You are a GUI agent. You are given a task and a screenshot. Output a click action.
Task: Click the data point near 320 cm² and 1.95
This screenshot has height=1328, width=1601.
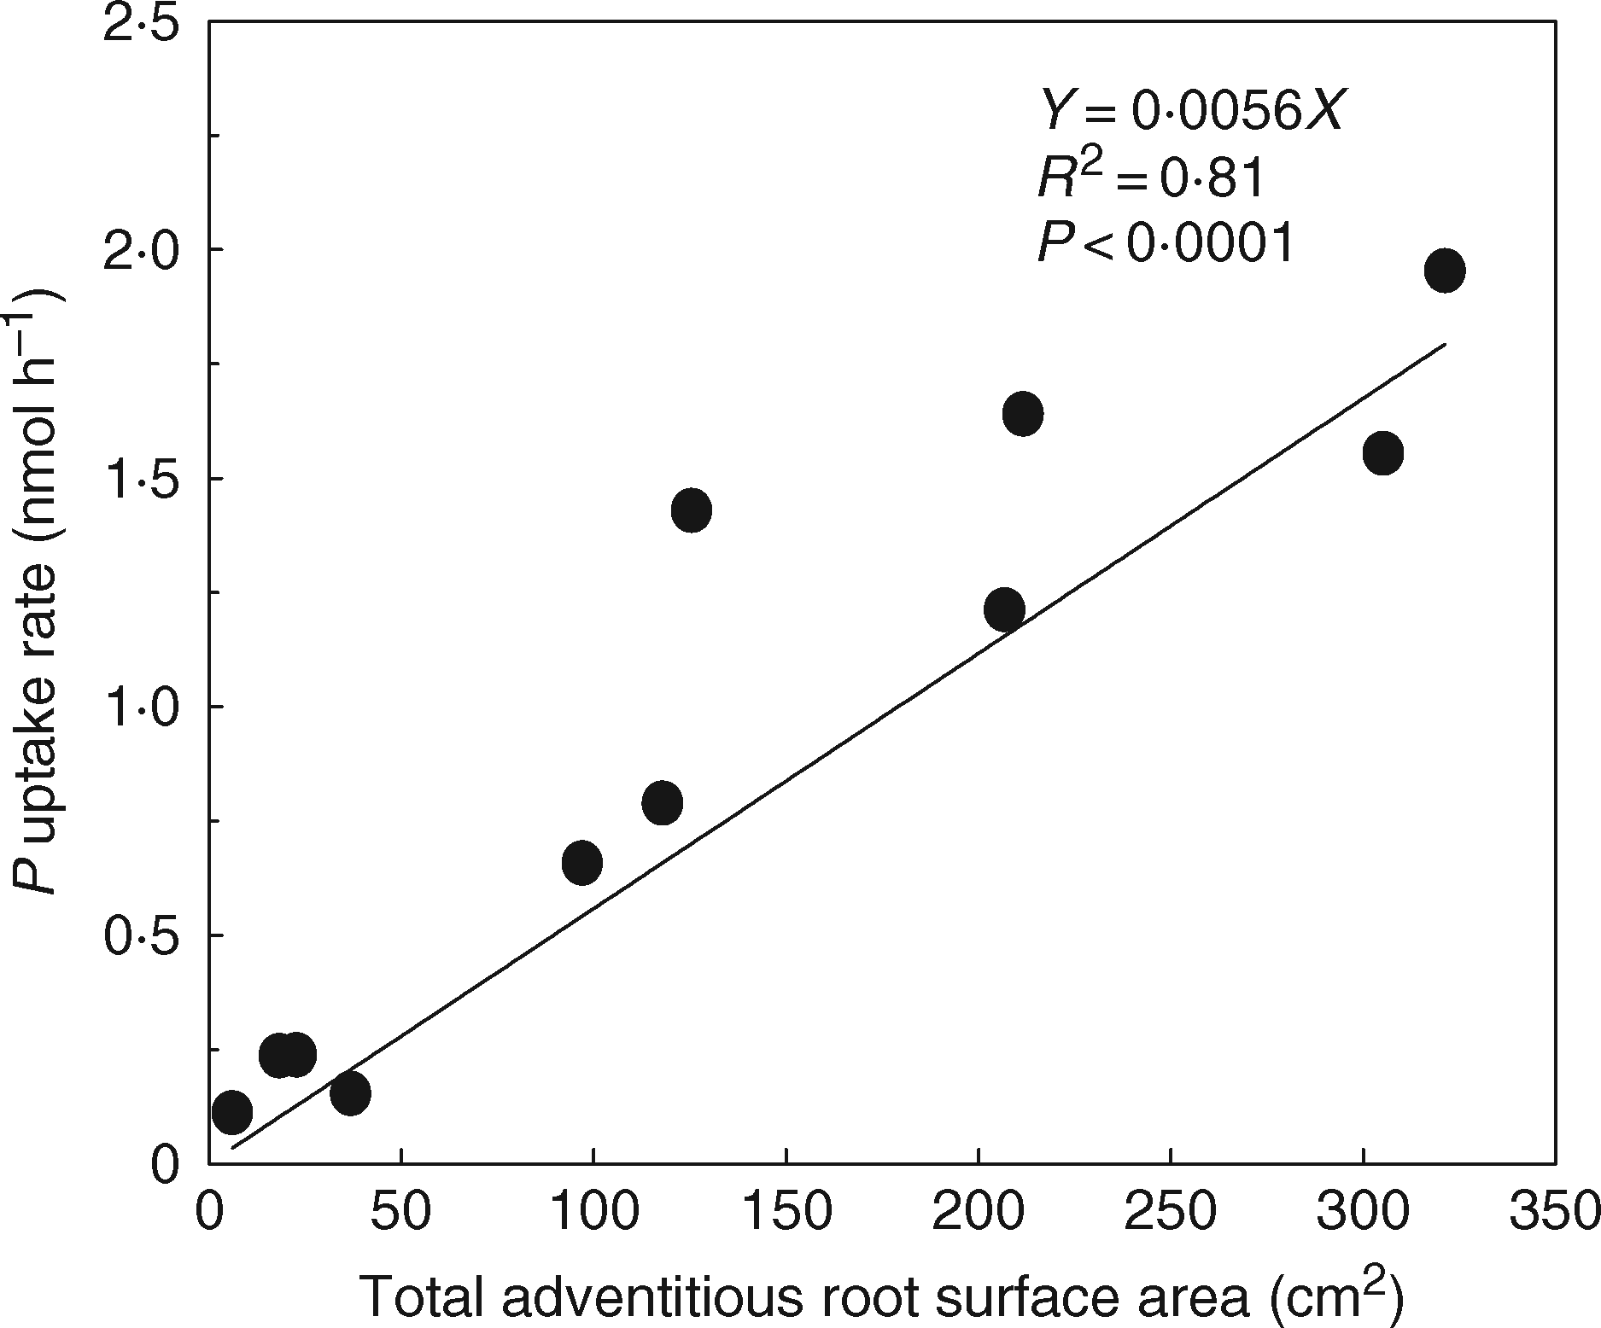point(1445,271)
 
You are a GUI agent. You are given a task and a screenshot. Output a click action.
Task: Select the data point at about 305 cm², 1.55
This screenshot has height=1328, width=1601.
point(1383,453)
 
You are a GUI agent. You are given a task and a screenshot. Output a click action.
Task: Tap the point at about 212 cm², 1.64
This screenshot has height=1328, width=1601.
point(1023,414)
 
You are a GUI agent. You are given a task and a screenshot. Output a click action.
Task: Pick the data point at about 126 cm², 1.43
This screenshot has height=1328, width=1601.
point(692,510)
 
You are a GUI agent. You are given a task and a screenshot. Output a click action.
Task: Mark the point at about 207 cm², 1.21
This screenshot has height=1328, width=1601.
point(1004,609)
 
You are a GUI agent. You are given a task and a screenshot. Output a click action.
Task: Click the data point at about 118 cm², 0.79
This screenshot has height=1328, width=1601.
point(663,802)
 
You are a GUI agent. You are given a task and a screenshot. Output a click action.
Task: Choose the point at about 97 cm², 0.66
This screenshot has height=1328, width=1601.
point(582,863)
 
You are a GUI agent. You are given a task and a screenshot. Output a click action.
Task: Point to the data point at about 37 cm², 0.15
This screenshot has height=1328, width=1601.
point(350,1093)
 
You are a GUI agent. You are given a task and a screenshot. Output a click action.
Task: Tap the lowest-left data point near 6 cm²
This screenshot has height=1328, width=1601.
point(232,1112)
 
